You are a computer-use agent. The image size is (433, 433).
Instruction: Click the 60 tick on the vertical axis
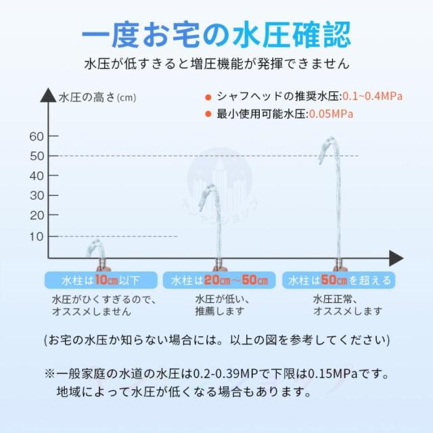[37, 137]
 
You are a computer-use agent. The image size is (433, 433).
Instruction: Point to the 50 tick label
[37, 156]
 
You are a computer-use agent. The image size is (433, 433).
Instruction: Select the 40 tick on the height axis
[37, 176]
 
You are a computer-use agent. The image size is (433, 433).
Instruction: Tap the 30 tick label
[37, 196]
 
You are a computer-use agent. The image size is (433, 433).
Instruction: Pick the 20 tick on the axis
[37, 215]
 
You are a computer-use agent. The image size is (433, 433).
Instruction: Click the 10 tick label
[37, 236]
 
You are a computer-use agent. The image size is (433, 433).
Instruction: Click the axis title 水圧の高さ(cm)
[97, 97]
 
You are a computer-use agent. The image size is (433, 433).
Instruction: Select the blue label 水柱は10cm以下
[98, 279]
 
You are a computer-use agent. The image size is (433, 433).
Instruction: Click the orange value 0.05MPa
[332, 114]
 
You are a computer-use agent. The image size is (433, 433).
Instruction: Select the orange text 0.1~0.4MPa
[372, 96]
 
